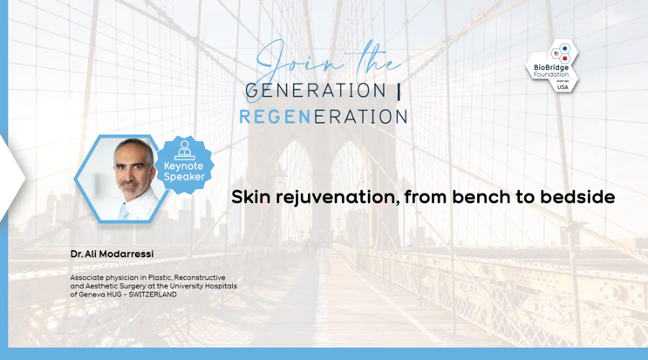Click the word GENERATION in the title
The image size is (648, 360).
tap(316, 91)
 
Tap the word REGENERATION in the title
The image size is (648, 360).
tap(324, 117)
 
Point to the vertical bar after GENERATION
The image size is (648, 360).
tap(399, 91)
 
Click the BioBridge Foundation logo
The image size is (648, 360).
tap(552, 66)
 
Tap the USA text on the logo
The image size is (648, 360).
tap(563, 87)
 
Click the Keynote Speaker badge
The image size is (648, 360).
tap(184, 165)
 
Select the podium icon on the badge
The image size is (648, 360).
tap(184, 150)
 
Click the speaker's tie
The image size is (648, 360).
tap(124, 211)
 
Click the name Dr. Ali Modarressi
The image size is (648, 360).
tap(112, 254)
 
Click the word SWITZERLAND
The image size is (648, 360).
tap(153, 295)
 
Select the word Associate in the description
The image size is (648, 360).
tap(87, 277)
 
